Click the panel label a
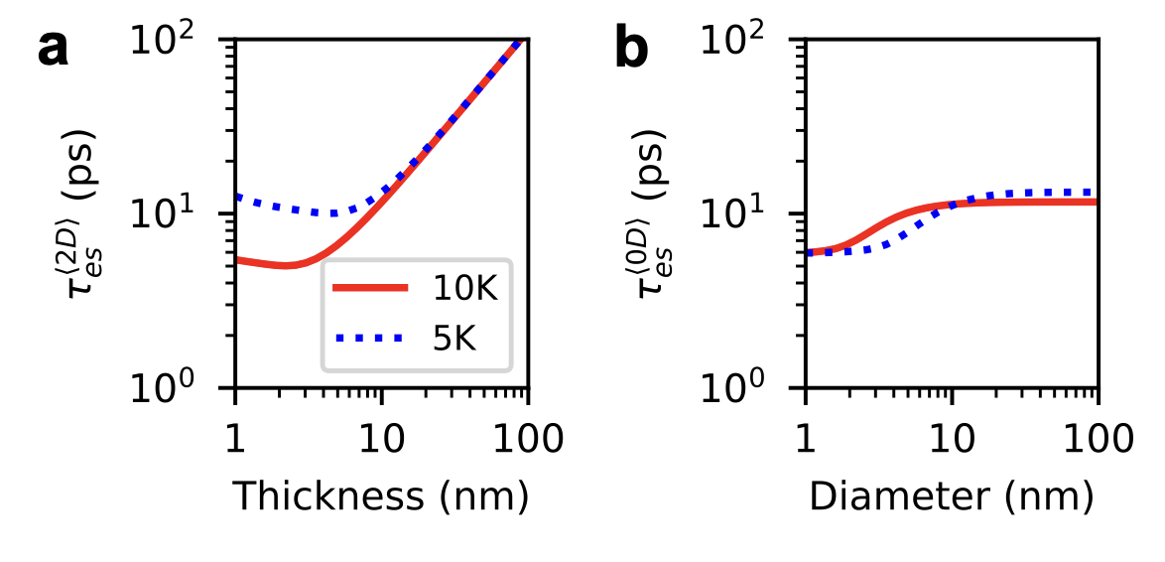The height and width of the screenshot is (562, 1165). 54,48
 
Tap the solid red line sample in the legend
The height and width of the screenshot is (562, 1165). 369,288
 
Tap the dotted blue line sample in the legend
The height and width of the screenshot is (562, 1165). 369,339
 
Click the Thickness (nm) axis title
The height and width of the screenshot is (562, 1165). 381,494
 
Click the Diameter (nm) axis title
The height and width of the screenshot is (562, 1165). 952,494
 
